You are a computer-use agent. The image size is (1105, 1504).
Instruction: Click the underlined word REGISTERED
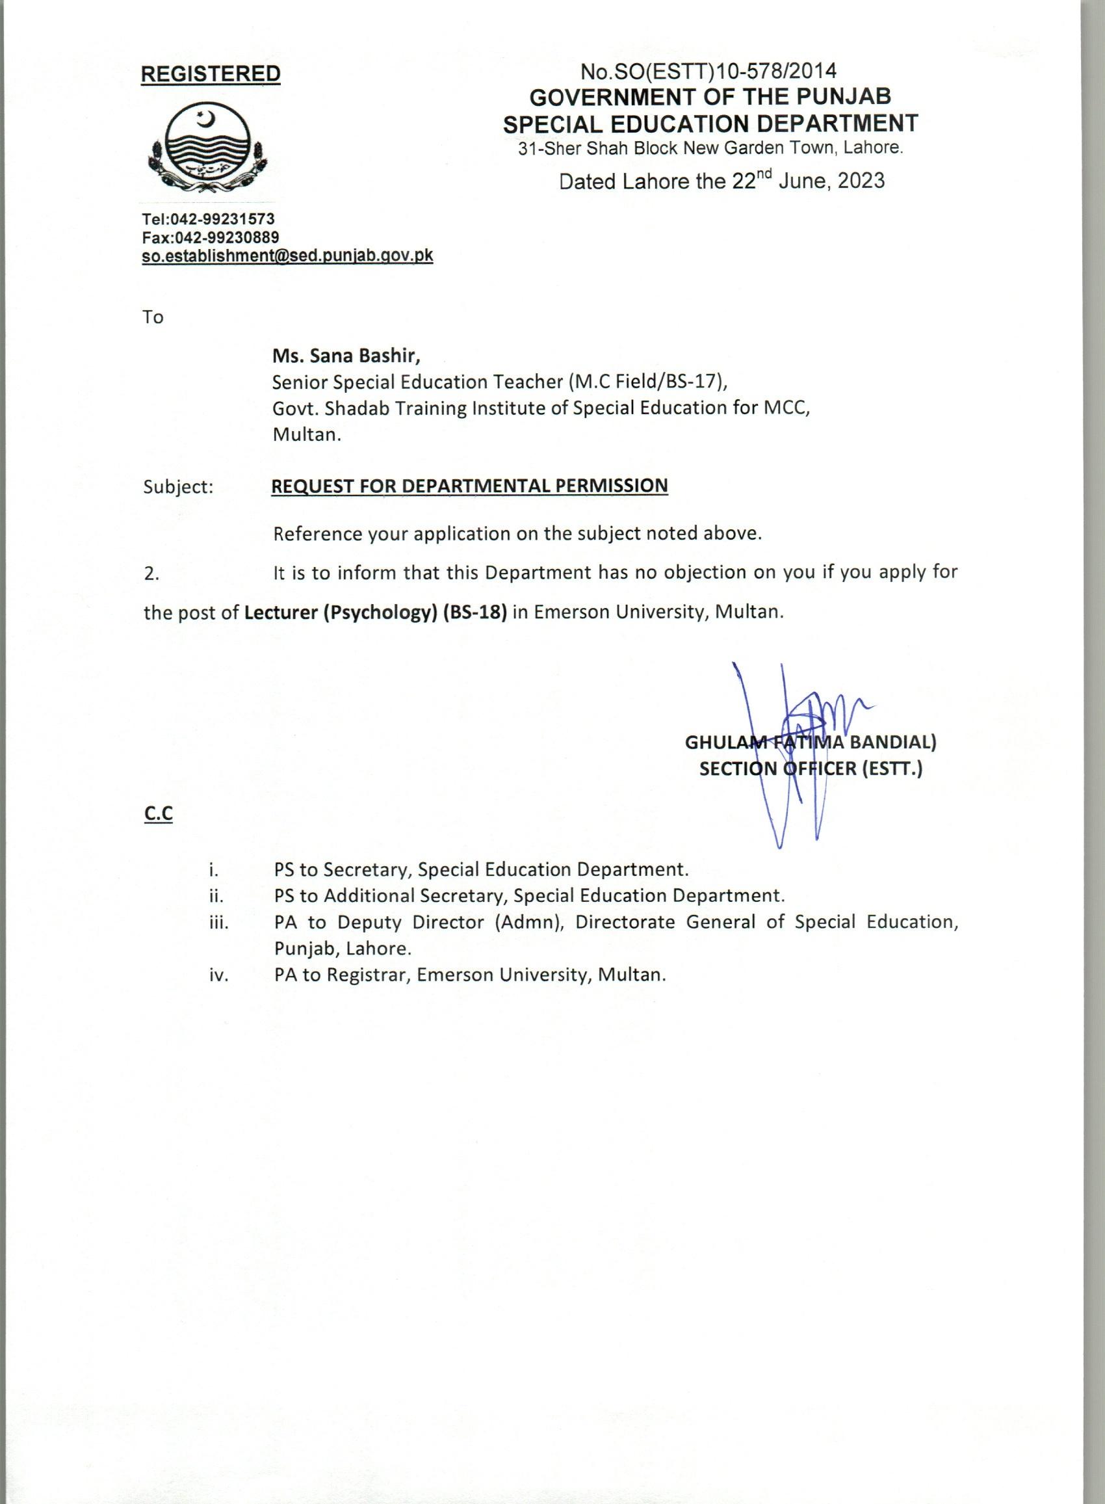(x=211, y=73)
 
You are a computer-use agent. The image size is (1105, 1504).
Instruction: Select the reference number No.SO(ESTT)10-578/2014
(x=708, y=70)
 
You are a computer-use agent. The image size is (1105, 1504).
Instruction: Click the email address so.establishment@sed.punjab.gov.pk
(x=287, y=256)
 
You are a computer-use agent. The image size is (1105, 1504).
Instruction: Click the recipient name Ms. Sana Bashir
(x=346, y=355)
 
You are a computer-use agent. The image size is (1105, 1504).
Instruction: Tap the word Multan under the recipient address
(x=306, y=434)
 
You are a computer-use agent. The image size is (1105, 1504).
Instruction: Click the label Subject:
(x=178, y=487)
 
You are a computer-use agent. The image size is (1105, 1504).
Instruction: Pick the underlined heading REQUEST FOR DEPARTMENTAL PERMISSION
(x=469, y=486)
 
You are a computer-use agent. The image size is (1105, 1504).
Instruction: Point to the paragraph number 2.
(x=151, y=574)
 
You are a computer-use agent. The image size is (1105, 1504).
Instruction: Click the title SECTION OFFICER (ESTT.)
(x=811, y=769)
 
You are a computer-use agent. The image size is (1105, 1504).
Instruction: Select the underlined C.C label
(x=158, y=813)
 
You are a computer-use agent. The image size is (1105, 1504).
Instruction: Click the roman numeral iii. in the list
(x=219, y=923)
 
